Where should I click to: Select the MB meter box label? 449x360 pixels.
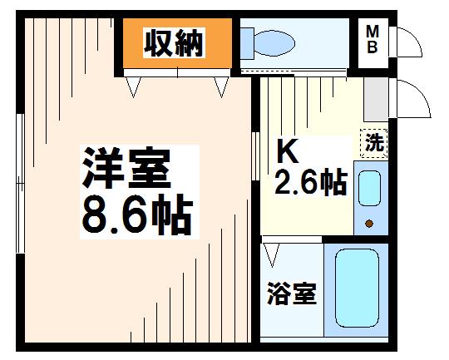click(x=373, y=39)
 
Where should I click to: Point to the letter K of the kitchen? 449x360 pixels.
click(x=287, y=152)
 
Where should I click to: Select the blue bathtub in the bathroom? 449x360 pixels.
click(x=357, y=287)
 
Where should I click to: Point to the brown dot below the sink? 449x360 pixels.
click(x=370, y=224)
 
